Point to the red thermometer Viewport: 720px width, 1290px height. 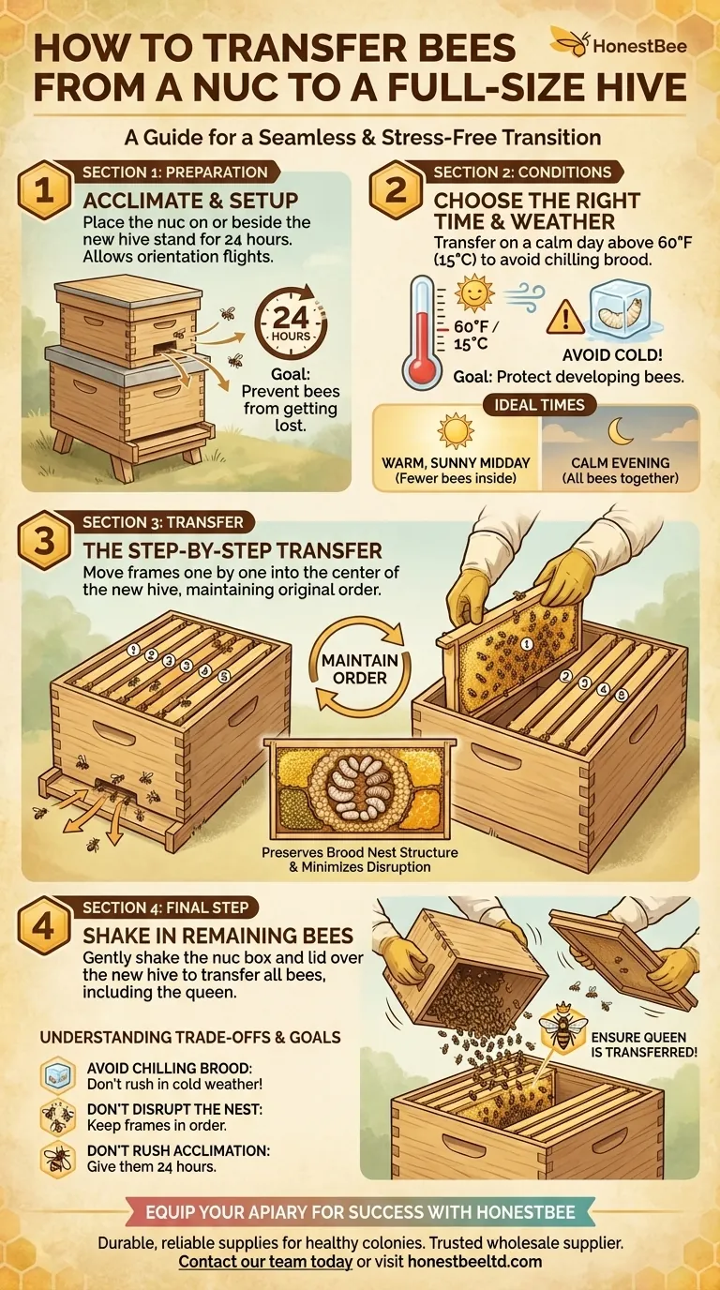419,334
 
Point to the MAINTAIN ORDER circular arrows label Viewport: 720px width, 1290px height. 360,668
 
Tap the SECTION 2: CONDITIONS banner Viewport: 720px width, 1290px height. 522,172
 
